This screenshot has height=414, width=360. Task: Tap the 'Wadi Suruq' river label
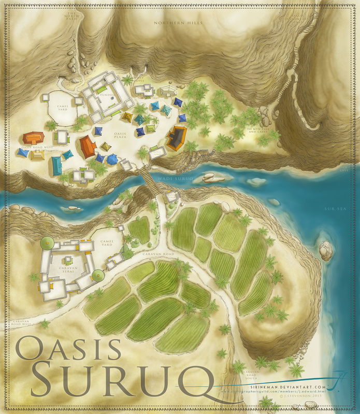180,178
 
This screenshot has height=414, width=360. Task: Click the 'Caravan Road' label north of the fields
161,255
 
